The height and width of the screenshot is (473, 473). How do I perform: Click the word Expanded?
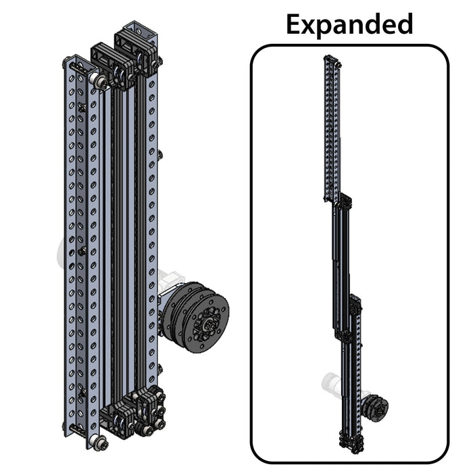pyautogui.click(x=349, y=24)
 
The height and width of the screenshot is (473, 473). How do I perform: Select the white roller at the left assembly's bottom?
pyautogui.click(x=99, y=443)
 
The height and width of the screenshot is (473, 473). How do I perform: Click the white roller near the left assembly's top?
pyautogui.click(x=99, y=81)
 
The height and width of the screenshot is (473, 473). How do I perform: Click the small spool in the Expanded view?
pyautogui.click(x=376, y=407)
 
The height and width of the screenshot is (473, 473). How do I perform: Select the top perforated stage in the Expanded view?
pyautogui.click(x=331, y=128)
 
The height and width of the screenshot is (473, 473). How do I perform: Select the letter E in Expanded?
pyautogui.click(x=295, y=24)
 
